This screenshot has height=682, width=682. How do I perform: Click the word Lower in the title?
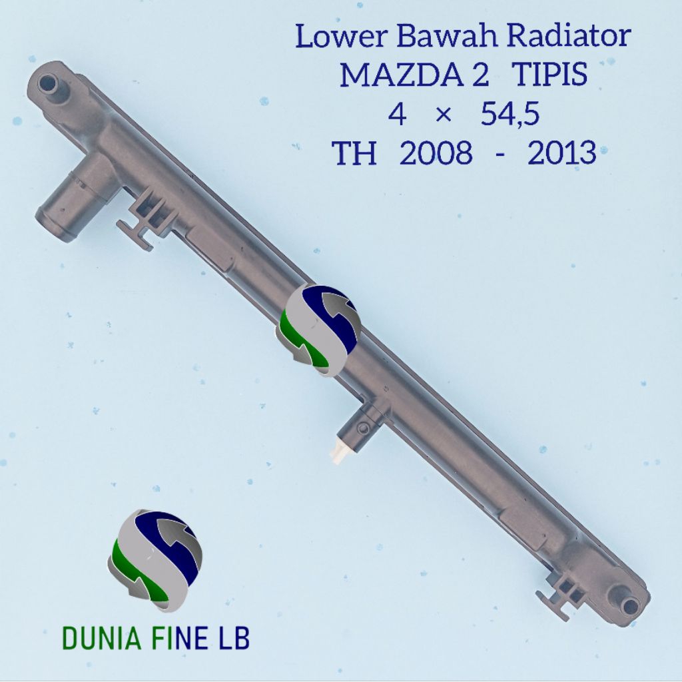click(x=340, y=36)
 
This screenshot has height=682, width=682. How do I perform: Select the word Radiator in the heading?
click(x=569, y=36)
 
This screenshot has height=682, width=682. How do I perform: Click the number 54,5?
click(x=510, y=115)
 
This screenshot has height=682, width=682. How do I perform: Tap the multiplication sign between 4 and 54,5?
click(x=443, y=116)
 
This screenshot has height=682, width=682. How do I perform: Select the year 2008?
click(x=436, y=153)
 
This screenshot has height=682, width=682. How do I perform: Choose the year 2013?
click(x=561, y=153)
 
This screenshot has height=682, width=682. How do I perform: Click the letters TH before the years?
click(x=354, y=153)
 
